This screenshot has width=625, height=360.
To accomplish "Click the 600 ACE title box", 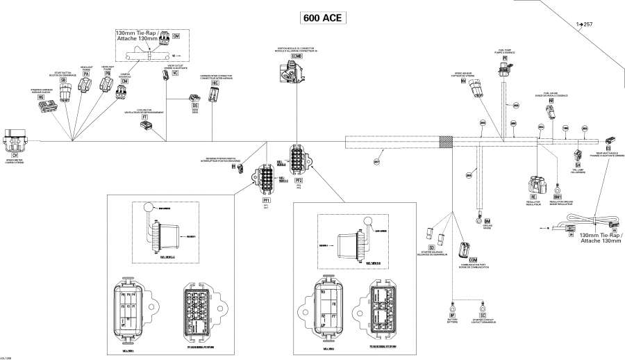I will [x=322, y=18].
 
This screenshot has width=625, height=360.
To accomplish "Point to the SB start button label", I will [x=63, y=81].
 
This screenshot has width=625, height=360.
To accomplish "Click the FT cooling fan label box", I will [x=144, y=118].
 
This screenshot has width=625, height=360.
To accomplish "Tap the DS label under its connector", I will [x=185, y=105].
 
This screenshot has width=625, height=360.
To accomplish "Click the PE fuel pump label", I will [x=505, y=58].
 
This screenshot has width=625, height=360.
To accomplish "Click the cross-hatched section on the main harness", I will [x=447, y=141].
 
